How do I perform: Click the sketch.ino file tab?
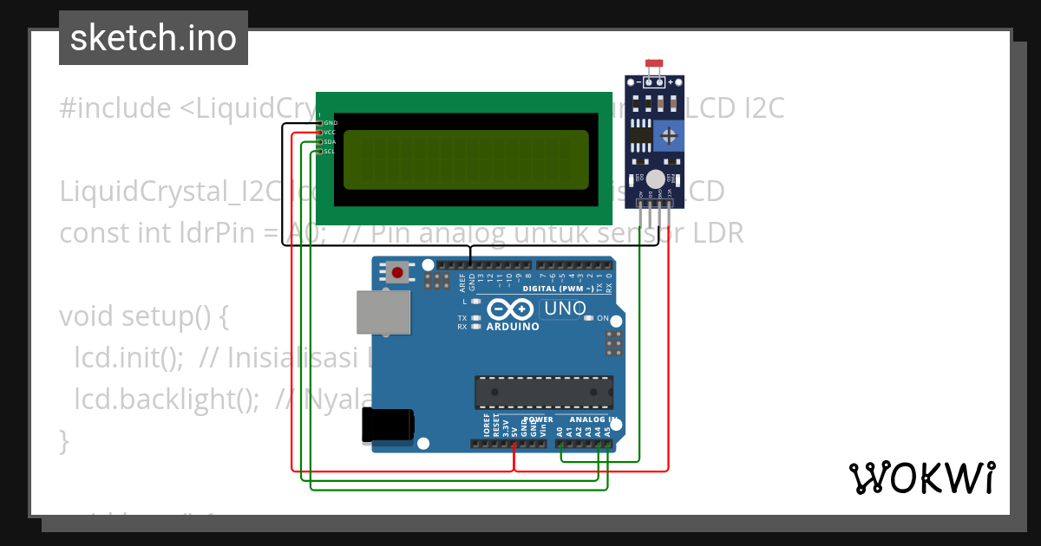pyautogui.click(x=154, y=38)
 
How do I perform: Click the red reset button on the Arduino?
pyautogui.click(x=397, y=273)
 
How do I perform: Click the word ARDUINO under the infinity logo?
pyautogui.click(x=513, y=327)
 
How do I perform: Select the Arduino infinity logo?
pyautogui.click(x=510, y=309)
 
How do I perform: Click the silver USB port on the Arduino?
pyautogui.click(x=383, y=312)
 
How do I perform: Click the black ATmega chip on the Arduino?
pyautogui.click(x=543, y=392)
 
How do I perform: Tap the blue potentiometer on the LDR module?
pyautogui.click(x=668, y=135)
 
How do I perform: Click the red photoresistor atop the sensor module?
pyautogui.click(x=655, y=63)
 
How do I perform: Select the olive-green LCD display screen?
pyautogui.click(x=466, y=160)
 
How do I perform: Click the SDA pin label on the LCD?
pyautogui.click(x=330, y=142)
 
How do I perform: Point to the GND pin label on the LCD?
pyautogui.click(x=330, y=123)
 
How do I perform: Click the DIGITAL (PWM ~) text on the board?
pyautogui.click(x=558, y=289)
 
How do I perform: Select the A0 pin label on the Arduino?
pyautogui.click(x=560, y=431)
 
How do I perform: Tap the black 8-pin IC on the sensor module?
pyautogui.click(x=640, y=134)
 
